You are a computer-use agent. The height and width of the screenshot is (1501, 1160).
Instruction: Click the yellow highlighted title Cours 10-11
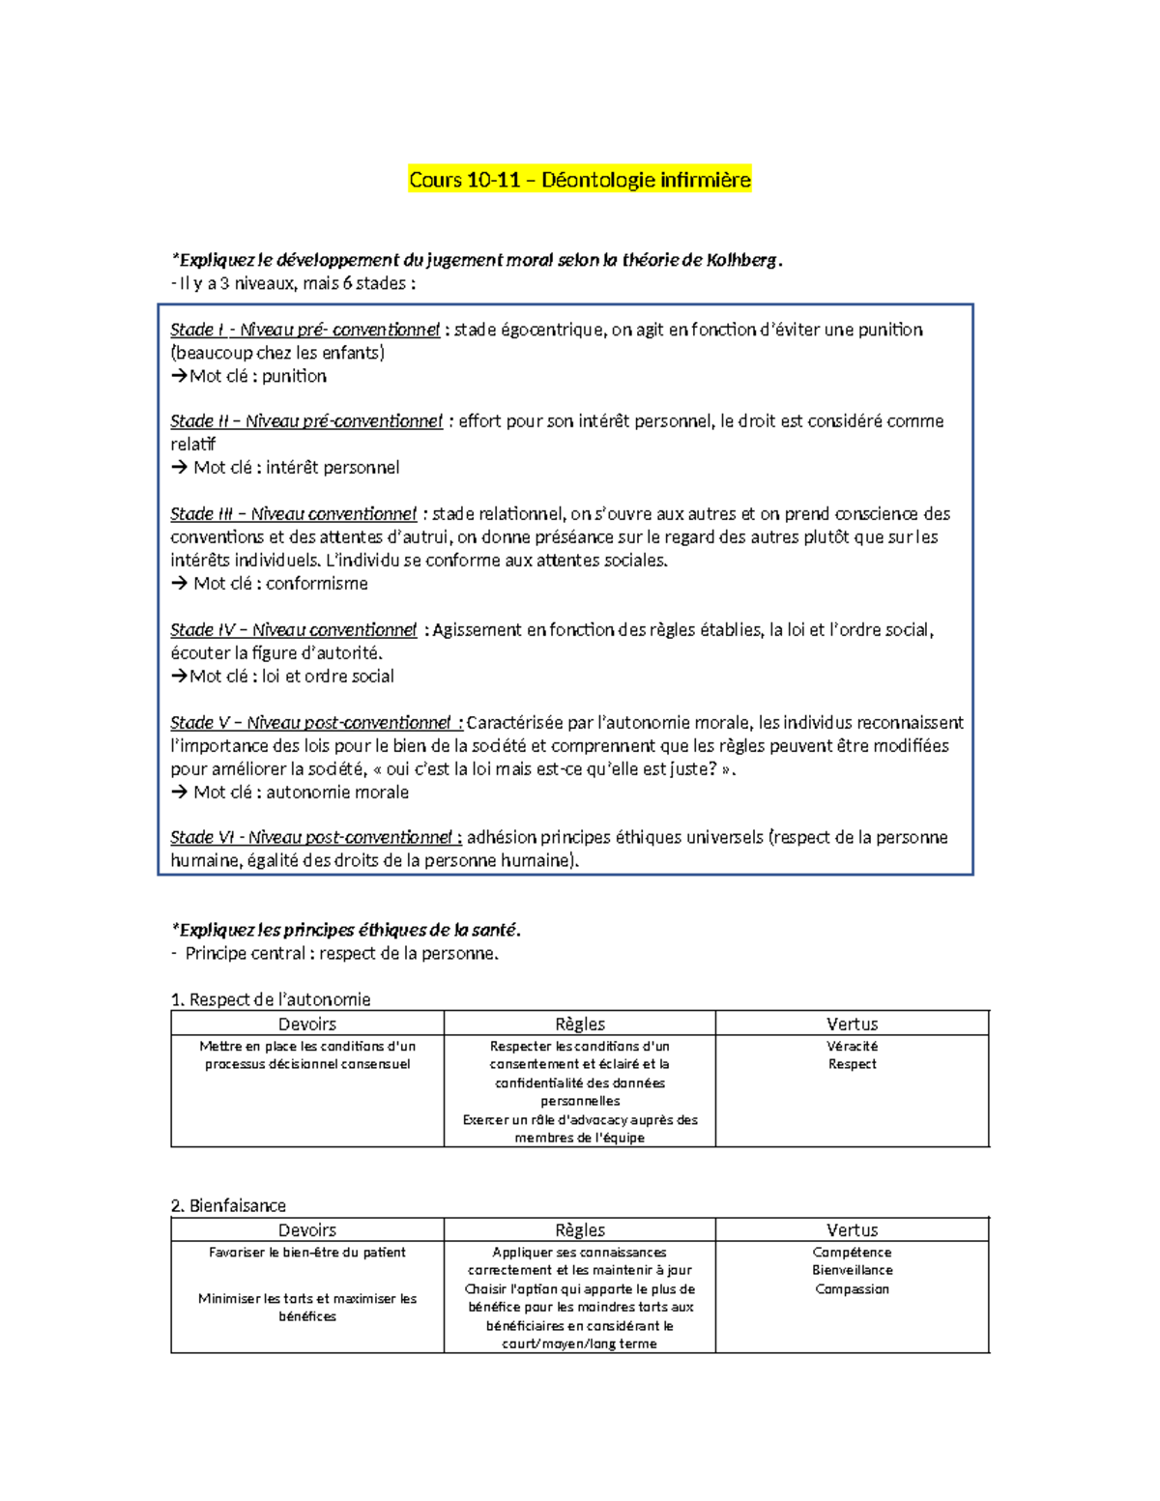pos(579,180)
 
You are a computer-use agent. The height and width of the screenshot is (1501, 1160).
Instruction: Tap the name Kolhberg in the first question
pos(741,260)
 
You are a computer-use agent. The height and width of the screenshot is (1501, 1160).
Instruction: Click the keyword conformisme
pos(317,584)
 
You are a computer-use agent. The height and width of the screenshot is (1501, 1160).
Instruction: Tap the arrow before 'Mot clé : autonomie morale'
pos(179,793)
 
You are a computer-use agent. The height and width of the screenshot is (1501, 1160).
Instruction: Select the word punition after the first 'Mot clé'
pos(294,376)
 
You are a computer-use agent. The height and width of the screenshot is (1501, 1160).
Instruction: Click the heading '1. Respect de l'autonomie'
pos(271,999)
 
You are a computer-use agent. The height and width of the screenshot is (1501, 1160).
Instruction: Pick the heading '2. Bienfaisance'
pos(228,1205)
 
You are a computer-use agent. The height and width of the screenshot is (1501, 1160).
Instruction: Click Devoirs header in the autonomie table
pos(307,1024)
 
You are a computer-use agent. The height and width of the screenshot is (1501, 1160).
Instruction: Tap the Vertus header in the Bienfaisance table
pos(852,1230)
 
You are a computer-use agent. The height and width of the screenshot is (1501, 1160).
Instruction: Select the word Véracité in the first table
pos(852,1046)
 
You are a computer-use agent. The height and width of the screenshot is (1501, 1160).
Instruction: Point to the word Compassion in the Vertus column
pos(852,1289)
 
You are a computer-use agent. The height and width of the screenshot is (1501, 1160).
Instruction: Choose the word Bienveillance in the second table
pos(852,1270)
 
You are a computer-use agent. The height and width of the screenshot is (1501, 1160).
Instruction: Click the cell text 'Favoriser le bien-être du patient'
pos(307,1253)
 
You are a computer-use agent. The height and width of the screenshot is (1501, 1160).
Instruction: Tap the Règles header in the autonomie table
pos(580,1024)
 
